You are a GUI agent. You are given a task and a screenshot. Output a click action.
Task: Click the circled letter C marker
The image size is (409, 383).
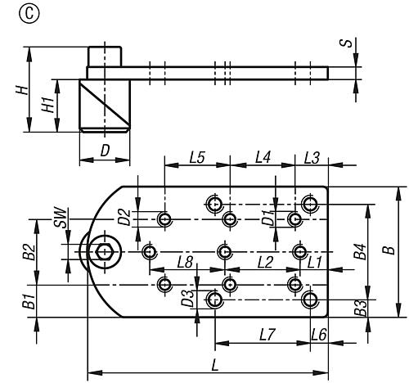(x=12, y=14)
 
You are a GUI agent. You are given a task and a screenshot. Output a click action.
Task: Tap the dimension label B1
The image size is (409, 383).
(x=28, y=300)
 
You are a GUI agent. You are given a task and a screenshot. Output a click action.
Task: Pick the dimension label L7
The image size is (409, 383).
(x=263, y=334)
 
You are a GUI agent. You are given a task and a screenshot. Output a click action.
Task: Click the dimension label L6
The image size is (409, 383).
(x=319, y=334)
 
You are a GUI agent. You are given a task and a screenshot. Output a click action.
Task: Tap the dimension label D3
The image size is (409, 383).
(x=188, y=299)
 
